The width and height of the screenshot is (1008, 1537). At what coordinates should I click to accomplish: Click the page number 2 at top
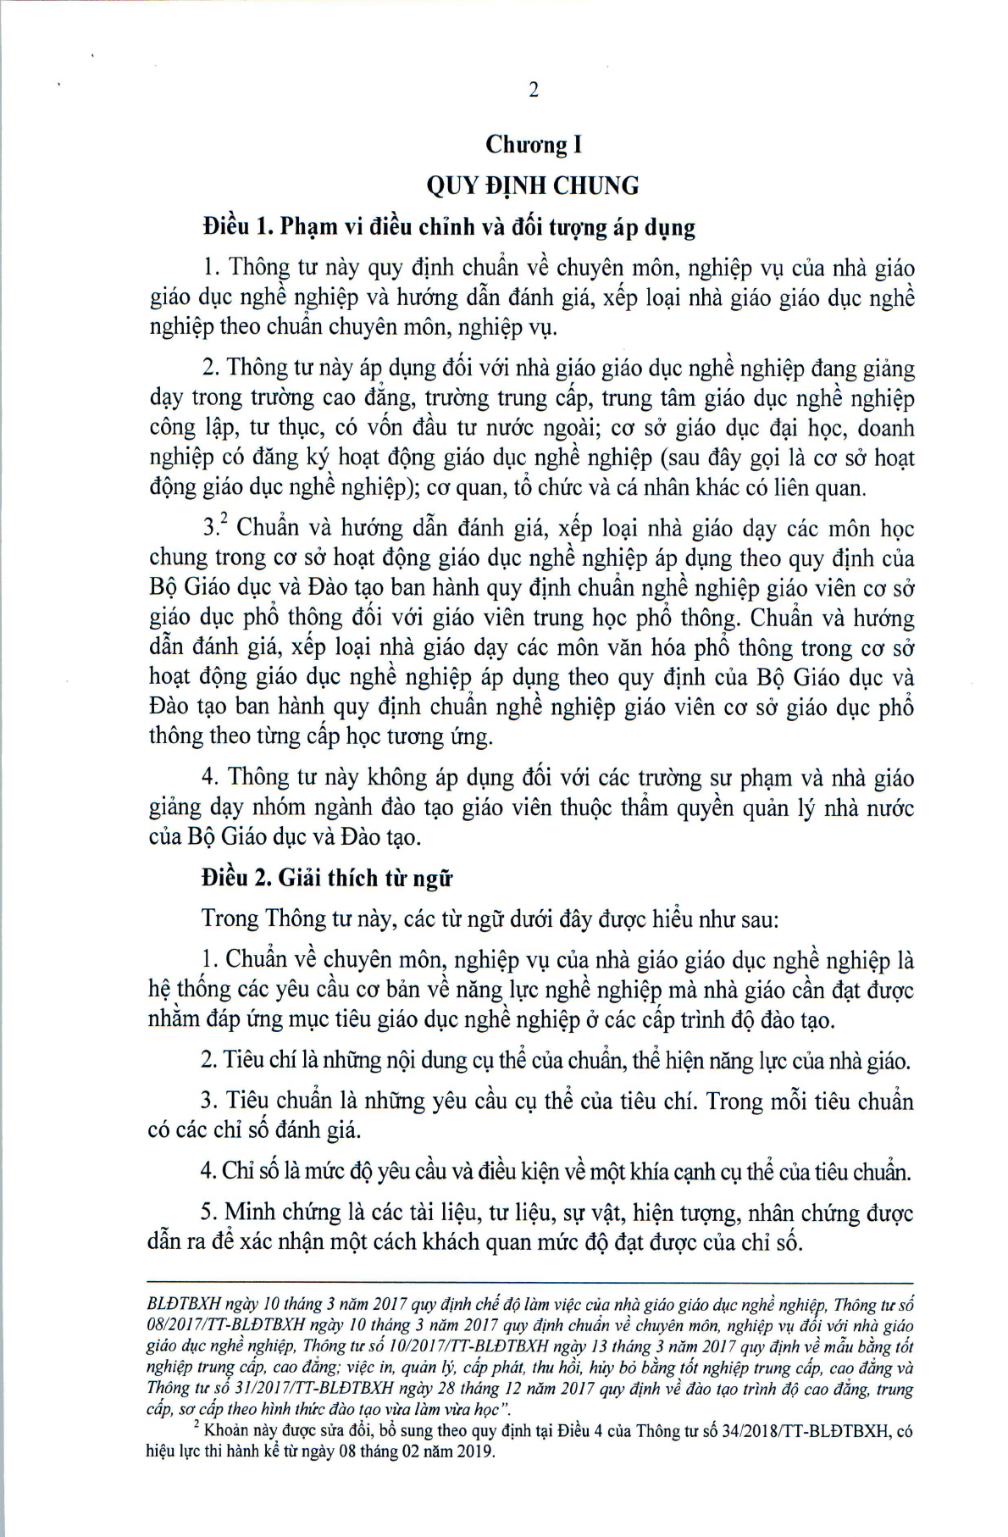point(533,91)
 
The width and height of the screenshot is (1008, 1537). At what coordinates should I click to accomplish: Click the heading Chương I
point(533,145)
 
